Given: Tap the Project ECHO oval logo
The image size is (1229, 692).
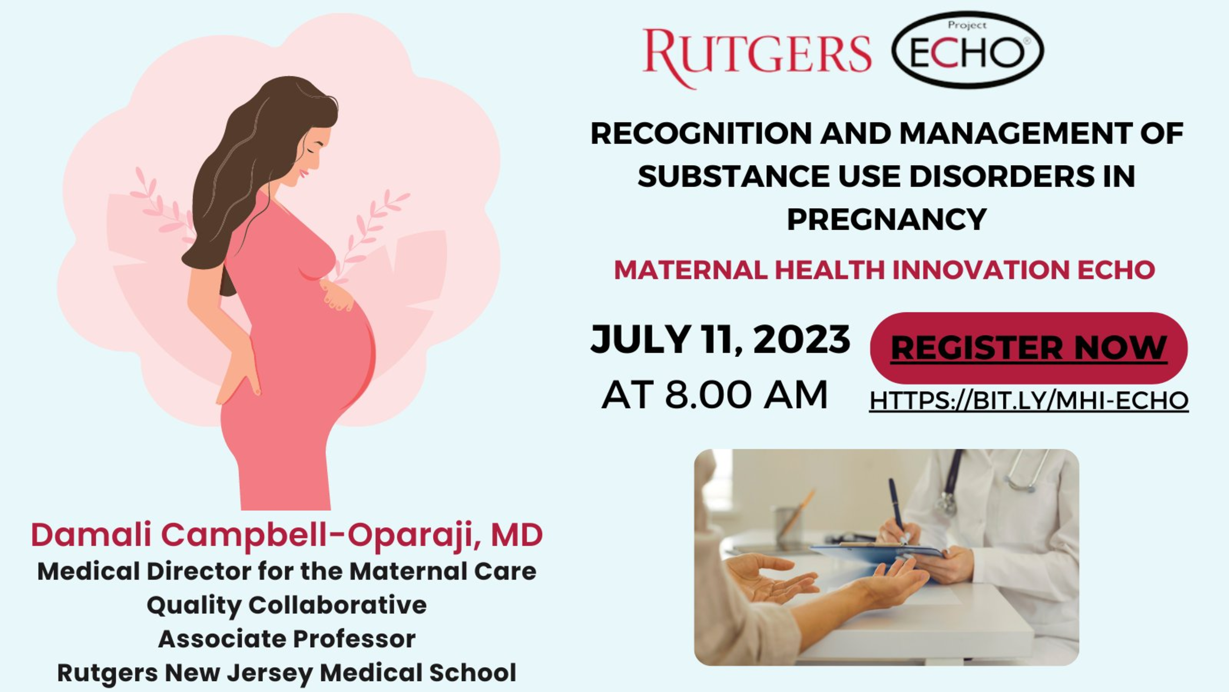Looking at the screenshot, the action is (968, 50).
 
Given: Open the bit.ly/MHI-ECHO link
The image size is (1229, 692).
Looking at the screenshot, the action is (1028, 401).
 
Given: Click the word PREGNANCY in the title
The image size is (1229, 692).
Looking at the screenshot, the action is (887, 219).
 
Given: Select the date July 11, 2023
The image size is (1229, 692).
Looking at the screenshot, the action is (720, 340).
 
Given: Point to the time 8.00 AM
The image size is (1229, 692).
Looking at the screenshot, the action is (746, 394).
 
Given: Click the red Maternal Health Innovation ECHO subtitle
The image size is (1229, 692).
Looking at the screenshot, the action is (884, 270).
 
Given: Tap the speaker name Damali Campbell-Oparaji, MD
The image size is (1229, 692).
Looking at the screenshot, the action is (287, 535).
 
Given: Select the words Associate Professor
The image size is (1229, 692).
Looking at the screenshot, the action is (287, 639).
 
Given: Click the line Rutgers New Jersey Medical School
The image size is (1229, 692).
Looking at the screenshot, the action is (287, 673).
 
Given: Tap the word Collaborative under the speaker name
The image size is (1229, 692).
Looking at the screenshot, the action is (337, 605).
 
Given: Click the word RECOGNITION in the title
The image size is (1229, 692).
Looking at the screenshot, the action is (701, 133).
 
